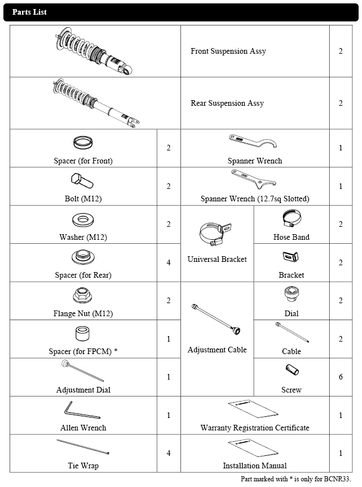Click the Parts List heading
29,12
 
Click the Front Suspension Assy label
228,51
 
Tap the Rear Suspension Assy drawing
95,104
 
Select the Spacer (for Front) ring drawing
83,141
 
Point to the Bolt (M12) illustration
83,182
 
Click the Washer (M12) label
83,237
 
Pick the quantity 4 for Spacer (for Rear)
169,262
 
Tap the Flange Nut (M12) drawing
83,295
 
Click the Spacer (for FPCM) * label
83,351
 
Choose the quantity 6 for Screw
341,377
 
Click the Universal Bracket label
217,259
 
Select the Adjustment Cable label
217,350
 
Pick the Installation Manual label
255,466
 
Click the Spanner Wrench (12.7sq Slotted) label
255,199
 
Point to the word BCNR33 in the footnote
337,479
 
